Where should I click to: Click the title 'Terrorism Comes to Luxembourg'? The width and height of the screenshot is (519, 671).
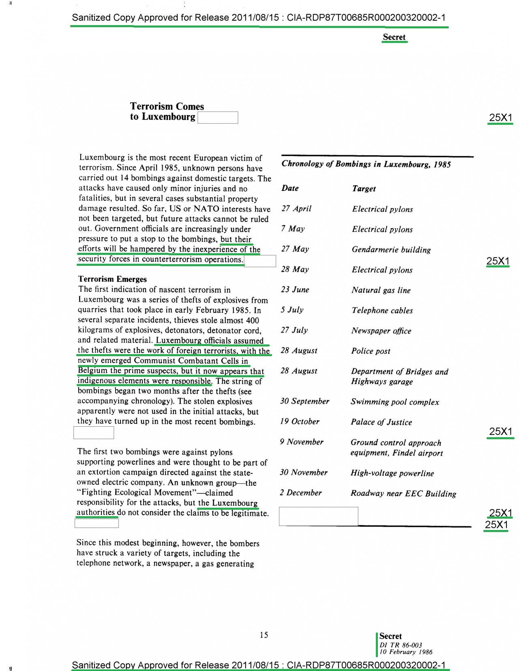(167, 111)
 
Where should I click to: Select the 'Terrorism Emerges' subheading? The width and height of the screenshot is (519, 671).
(112, 279)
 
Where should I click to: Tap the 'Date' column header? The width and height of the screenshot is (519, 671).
(290, 188)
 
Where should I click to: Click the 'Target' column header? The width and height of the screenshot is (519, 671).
(364, 188)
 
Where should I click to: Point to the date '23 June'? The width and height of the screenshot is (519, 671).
(295, 290)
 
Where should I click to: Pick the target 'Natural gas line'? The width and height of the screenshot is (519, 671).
(381, 290)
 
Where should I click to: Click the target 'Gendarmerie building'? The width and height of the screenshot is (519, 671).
(391, 250)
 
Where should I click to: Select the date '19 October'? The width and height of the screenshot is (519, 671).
(300, 421)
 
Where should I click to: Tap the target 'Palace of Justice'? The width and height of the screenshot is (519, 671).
(381, 422)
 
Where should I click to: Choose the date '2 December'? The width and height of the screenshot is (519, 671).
(300, 493)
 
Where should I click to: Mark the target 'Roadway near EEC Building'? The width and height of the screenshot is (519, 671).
(403, 494)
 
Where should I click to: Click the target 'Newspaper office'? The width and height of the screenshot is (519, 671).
(381, 331)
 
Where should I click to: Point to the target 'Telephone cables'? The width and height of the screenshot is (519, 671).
(382, 310)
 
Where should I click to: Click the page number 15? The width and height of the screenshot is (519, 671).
(264, 635)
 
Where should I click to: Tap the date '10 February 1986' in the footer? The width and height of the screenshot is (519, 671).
(406, 652)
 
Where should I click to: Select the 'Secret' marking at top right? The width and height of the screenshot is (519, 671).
(394, 37)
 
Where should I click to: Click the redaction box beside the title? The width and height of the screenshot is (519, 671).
(218, 118)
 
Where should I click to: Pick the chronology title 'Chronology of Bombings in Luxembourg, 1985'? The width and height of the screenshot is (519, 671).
(366, 164)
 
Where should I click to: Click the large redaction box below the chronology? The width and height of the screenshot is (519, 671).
(318, 516)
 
